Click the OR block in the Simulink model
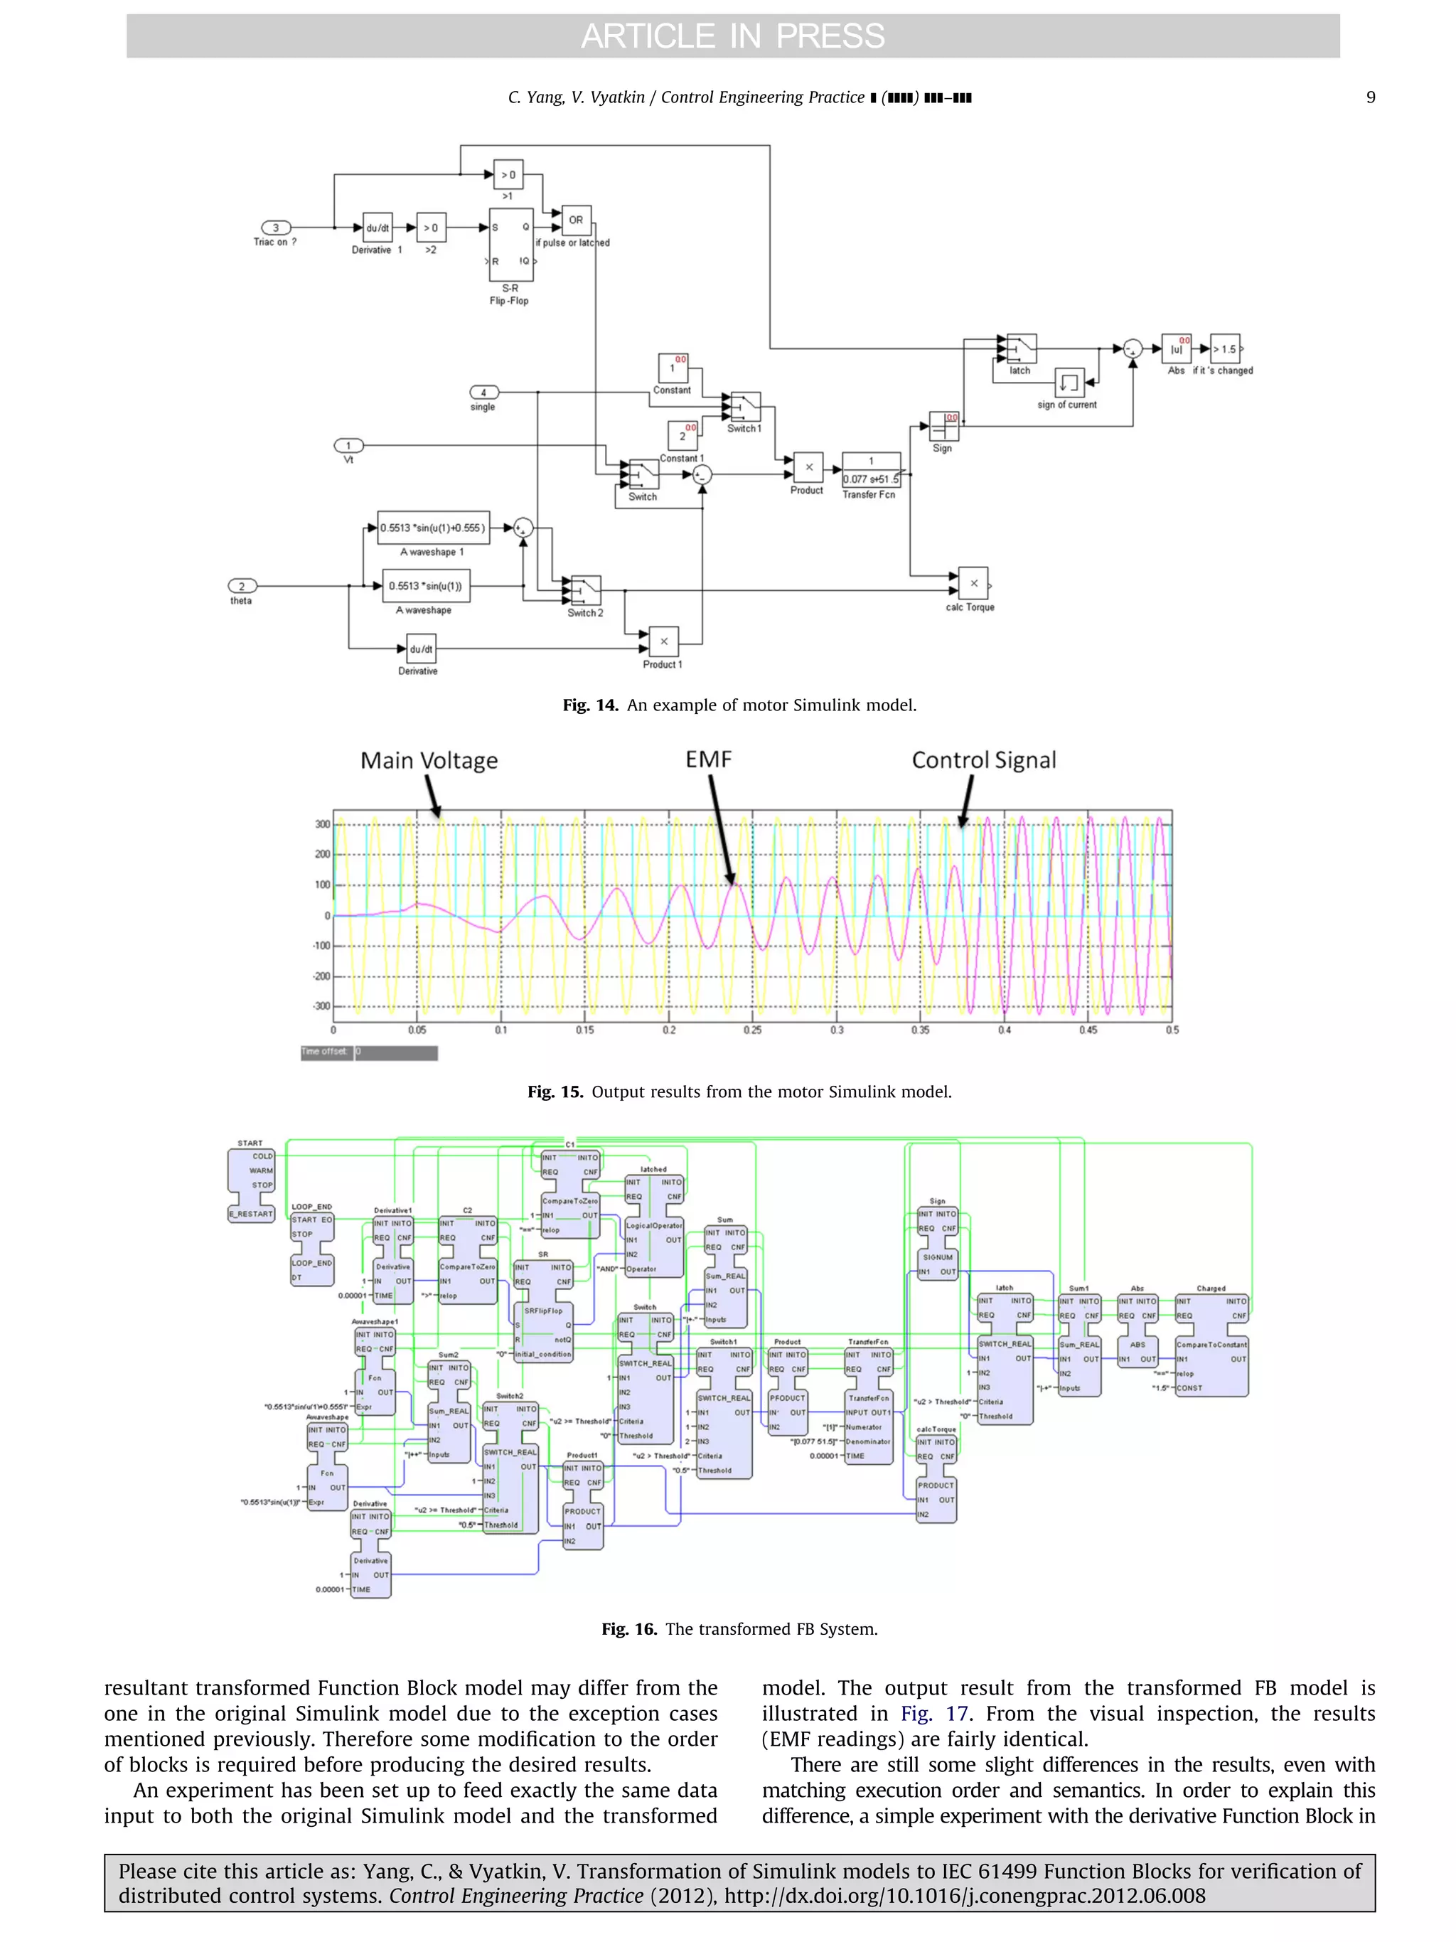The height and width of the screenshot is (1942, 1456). click(576, 220)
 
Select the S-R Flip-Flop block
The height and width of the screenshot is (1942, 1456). click(510, 244)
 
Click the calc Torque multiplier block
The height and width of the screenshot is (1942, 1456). click(973, 583)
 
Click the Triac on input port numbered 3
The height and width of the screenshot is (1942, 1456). click(276, 228)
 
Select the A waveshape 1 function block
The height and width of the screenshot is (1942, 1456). click(433, 528)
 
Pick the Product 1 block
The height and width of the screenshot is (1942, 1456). click(663, 642)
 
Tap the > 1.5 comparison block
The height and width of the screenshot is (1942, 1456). click(1224, 348)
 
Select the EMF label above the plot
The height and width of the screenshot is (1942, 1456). click(708, 759)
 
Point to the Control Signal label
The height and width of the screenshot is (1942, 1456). click(983, 760)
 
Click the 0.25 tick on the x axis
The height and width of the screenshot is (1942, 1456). click(752, 1030)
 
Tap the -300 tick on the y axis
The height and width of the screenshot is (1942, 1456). click(322, 1006)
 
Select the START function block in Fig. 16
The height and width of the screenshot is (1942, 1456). click(251, 1183)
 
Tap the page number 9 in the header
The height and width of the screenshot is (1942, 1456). click(1370, 97)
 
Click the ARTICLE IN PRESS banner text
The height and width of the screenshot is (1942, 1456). click(732, 36)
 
